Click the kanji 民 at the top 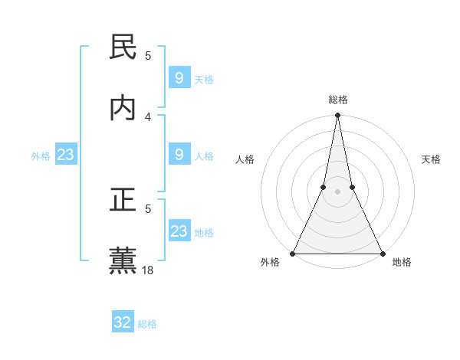[x=123, y=47]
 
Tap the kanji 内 [x=123, y=108]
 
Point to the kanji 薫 [x=123, y=260]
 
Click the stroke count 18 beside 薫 [x=149, y=270]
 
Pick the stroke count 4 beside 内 [x=148, y=116]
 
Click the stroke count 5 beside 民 [x=148, y=55]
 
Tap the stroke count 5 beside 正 [x=148, y=208]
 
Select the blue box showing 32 [x=123, y=322]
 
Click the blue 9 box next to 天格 [x=179, y=78]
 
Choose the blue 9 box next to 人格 [x=179, y=155]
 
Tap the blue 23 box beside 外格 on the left [x=65, y=155]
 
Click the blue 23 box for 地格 [x=179, y=231]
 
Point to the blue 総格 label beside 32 [x=147, y=324]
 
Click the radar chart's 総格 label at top [x=338, y=100]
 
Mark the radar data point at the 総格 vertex [x=337, y=116]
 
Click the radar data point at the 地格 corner [x=382, y=253]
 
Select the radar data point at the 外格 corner [x=293, y=253]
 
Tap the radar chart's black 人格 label [x=245, y=160]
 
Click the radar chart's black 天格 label [x=431, y=160]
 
